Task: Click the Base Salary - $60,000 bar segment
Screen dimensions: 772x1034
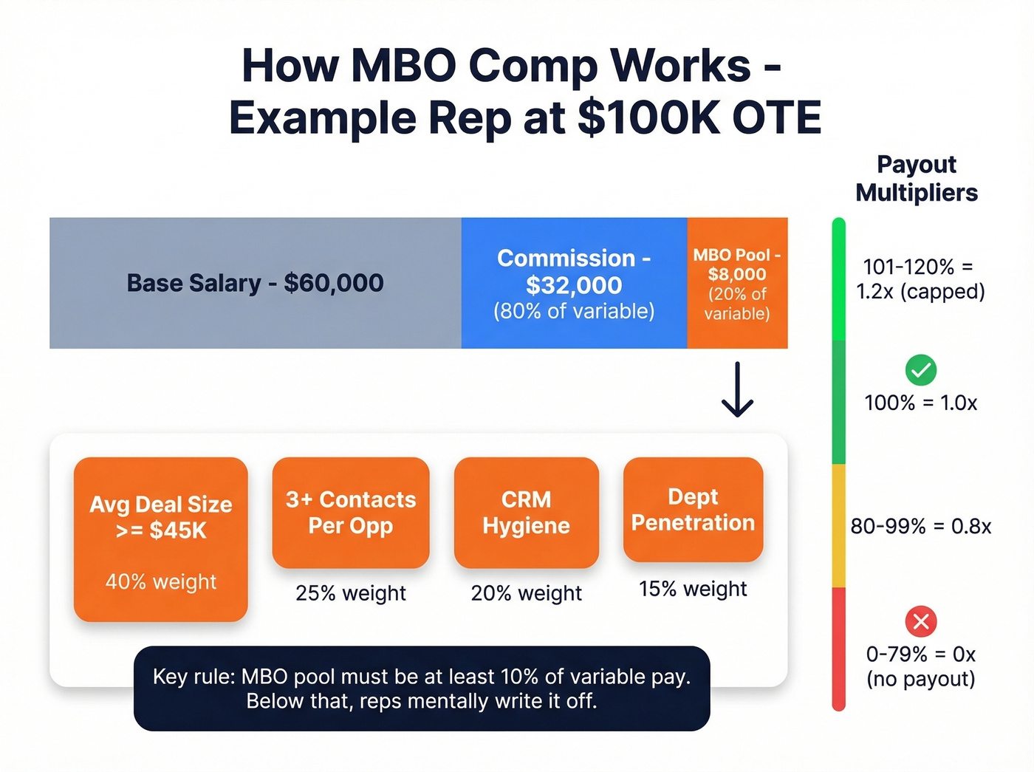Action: (255, 283)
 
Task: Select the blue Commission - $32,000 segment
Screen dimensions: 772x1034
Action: (574, 283)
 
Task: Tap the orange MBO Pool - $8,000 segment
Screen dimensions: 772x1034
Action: (737, 283)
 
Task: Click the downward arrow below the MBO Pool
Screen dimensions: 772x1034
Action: (737, 389)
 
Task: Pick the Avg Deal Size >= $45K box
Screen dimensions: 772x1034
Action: (160, 539)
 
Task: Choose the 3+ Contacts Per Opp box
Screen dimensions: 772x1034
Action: (351, 513)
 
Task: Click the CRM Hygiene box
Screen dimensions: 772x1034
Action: (526, 513)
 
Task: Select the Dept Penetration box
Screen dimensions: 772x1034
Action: (693, 510)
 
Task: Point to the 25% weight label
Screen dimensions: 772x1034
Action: (351, 593)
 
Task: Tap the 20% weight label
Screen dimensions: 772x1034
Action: (526, 593)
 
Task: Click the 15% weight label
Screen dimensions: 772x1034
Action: (693, 589)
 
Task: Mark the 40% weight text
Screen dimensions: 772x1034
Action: (160, 582)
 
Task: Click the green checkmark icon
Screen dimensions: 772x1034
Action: (920, 370)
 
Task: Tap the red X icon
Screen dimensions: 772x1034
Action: (920, 621)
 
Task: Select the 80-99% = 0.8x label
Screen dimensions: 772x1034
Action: (920, 526)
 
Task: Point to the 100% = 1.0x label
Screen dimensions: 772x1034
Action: (920, 403)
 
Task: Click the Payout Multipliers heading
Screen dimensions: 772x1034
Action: (916, 178)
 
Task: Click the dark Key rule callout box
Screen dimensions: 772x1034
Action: (422, 689)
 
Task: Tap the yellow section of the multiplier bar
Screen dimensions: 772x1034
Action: (838, 526)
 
